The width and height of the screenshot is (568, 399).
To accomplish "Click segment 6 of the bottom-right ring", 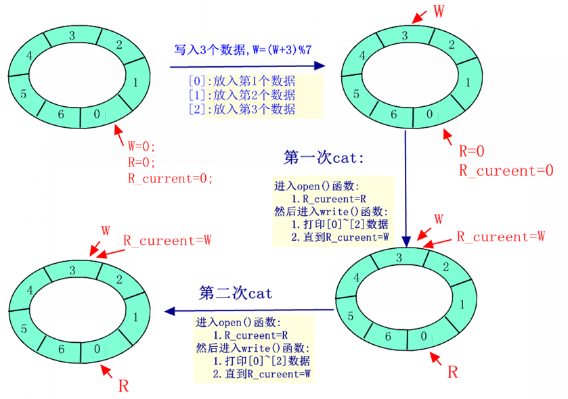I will pyautogui.click(x=389, y=336).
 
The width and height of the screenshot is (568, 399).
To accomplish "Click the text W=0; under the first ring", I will pyautogui.click(x=142, y=146).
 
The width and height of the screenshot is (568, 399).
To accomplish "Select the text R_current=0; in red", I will pyautogui.click(x=170, y=179).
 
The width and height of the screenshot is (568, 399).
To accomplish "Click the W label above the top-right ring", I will pyautogui.click(x=439, y=11).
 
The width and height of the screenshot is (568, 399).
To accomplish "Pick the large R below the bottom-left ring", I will pyautogui.click(x=124, y=386).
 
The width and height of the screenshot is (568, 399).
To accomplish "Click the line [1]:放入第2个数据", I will pyautogui.click(x=242, y=95).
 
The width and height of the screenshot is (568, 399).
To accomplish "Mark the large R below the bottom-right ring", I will pyautogui.click(x=453, y=371).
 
